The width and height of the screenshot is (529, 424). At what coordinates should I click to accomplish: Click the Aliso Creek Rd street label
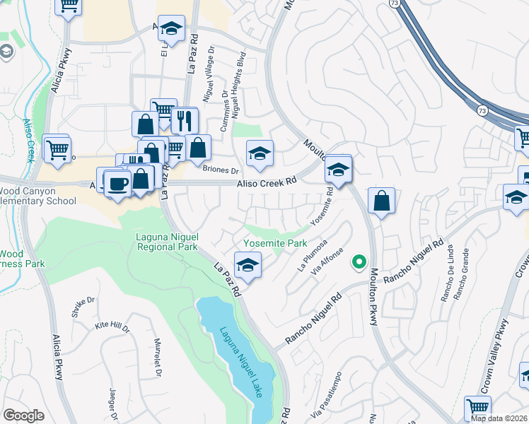point(266,182)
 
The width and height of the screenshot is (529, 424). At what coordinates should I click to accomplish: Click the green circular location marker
point(359,262)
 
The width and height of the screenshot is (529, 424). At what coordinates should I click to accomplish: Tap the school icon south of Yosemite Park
point(248,265)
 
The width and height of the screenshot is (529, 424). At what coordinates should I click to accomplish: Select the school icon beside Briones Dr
point(260,153)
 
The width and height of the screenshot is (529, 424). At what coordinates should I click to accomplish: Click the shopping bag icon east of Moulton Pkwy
point(381,200)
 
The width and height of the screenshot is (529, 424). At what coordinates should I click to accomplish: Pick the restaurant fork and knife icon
point(185,120)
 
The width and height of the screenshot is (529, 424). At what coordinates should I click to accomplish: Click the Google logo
point(23,415)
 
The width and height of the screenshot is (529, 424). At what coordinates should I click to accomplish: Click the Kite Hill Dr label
point(112,327)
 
